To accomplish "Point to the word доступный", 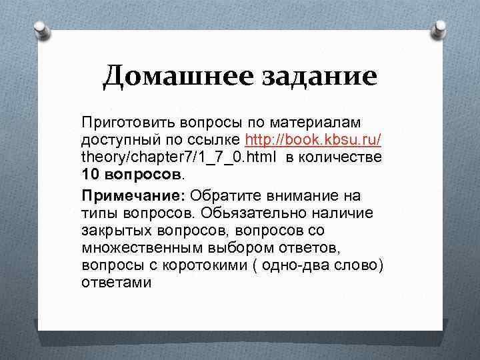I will coord(121,141).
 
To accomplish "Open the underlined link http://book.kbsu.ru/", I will coord(313,141).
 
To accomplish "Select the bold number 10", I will coord(91,175).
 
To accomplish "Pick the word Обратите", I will coord(228,196).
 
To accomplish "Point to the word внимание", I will coord(306,196).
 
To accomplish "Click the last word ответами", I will coord(117,283).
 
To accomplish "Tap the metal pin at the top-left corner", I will coord(39,29).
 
